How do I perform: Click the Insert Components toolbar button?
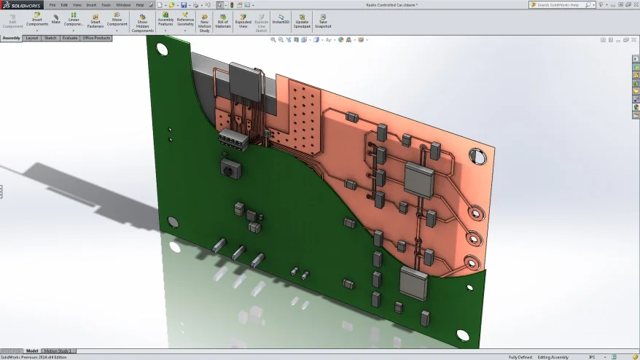click(x=37, y=20)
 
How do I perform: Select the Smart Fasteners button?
click(x=95, y=20)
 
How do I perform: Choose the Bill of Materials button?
click(x=223, y=20)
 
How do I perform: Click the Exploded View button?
click(x=243, y=20)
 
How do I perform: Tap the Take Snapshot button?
click(x=323, y=20)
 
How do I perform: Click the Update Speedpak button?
click(x=302, y=20)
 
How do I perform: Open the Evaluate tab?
click(x=70, y=38)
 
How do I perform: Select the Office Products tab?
click(x=96, y=38)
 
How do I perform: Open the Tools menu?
click(x=106, y=4)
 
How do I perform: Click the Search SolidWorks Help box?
click(x=561, y=4)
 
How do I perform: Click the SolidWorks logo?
click(x=22, y=5)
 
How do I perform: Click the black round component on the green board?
click(x=230, y=169)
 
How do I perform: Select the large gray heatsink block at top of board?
click(x=246, y=78)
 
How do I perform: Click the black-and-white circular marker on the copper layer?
click(x=477, y=156)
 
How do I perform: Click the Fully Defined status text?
click(x=520, y=357)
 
